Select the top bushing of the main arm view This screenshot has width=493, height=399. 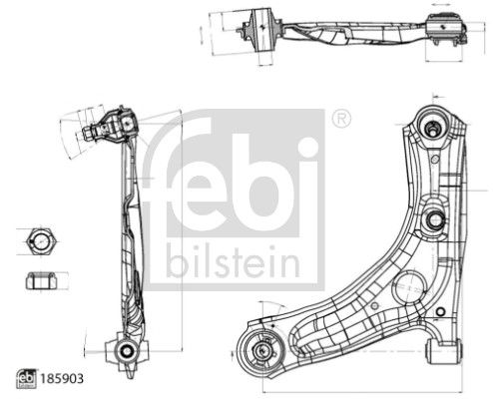(435, 128)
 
